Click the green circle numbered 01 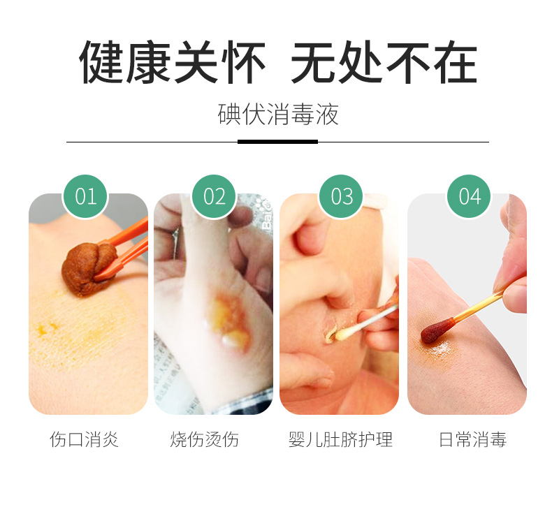pos(85,196)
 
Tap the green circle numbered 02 pos(214,196)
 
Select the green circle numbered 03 pos(341,196)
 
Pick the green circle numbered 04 pos(470,196)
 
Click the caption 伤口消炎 pos(85,439)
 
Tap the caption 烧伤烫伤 pos(205,439)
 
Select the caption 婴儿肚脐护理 pos(340,439)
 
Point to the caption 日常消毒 pos(473,439)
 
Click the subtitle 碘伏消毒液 pos(278,115)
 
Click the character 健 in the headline pos(102,62)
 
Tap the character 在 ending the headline pos(456,62)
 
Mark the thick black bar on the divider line pos(278,142)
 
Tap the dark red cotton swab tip pos(437,330)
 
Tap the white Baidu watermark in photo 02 pos(266,213)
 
